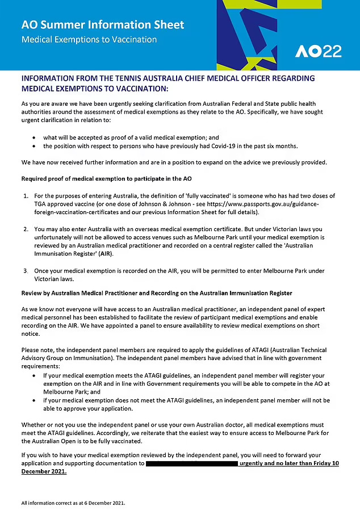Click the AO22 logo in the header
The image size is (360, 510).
[318, 52]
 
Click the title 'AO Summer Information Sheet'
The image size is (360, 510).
[103, 25]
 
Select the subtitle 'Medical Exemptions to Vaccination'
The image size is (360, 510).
[89, 40]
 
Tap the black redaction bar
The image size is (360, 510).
[191, 463]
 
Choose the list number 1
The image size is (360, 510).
[26, 196]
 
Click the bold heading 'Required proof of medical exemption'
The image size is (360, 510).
[106, 179]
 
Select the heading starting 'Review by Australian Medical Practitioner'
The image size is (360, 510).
[157, 293]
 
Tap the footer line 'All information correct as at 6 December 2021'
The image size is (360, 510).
[73, 503]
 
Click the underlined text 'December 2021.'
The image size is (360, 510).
[44, 471]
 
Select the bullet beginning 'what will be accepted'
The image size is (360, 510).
[131, 137]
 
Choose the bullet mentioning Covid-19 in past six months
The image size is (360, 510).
[170, 146]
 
